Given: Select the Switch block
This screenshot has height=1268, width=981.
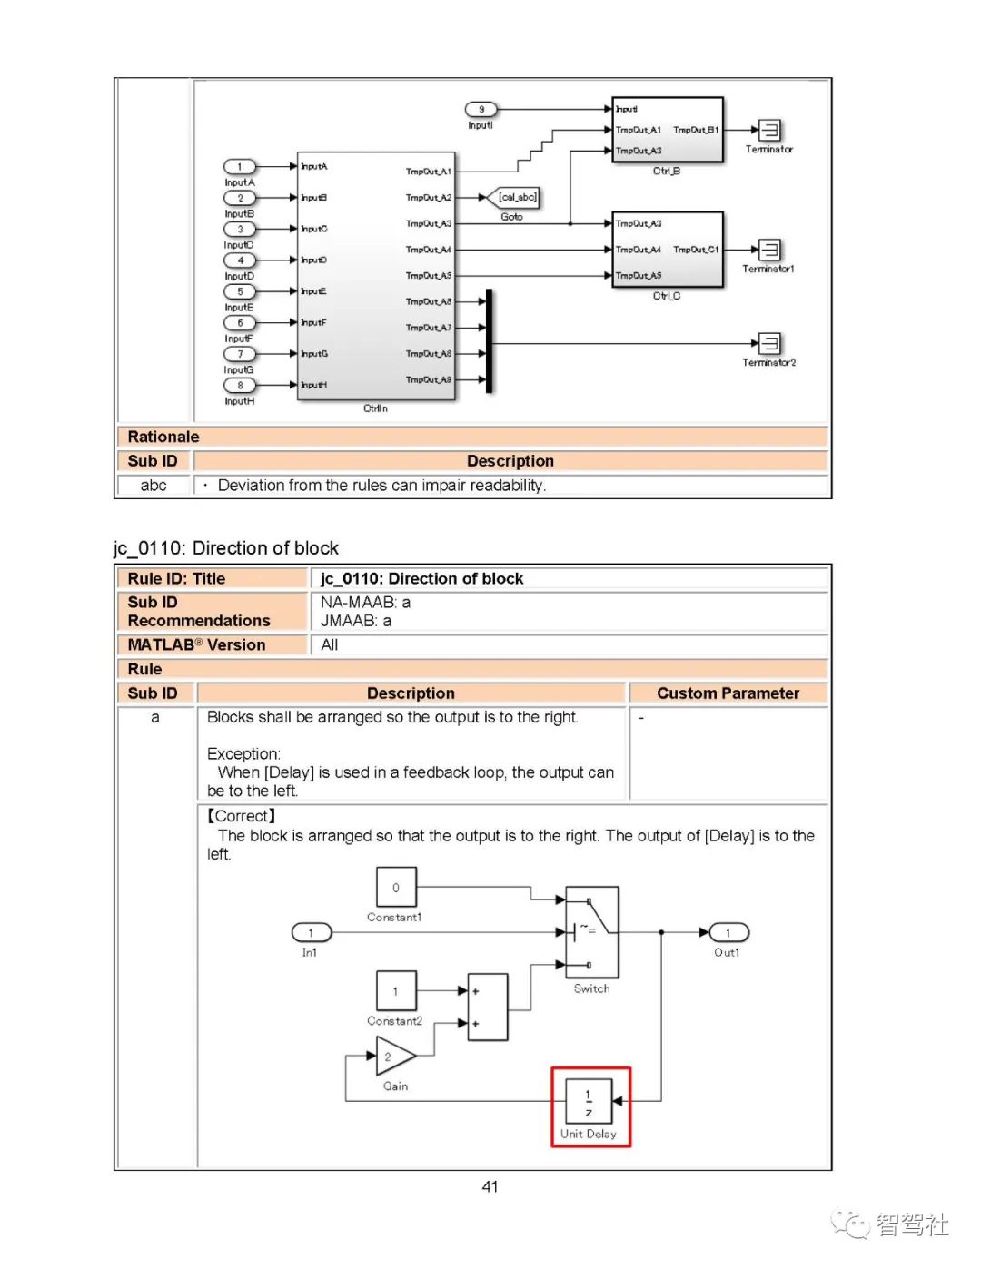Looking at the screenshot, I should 591,931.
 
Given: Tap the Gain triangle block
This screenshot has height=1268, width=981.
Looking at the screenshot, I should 394,1057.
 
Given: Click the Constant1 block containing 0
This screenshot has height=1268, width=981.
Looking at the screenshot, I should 396,887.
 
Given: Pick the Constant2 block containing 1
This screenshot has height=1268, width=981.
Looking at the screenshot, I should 396,991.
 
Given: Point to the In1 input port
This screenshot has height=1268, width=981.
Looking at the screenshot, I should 311,933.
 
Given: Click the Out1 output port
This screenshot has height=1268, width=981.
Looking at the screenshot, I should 728,933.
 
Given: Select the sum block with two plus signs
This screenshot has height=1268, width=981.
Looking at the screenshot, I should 488,1007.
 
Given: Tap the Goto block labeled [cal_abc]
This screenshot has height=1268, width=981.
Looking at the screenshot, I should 517,197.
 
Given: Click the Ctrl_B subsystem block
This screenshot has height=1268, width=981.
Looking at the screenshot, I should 668,130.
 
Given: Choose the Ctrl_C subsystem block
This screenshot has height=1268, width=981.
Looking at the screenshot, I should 668,249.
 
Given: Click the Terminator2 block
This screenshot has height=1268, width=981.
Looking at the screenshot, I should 769,343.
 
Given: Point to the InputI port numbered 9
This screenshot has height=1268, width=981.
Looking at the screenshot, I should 481,109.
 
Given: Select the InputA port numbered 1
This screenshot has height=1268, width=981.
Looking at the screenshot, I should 240,166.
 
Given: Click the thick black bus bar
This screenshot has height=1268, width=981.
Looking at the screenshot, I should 489,341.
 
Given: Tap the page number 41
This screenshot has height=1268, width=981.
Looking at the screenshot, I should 490,1186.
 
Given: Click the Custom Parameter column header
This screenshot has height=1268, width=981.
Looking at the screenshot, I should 728,693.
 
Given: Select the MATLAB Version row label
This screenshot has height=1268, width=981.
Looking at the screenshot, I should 197,644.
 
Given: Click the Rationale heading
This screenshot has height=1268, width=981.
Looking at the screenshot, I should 163,437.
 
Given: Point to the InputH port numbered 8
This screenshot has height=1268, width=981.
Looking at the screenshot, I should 240,385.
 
